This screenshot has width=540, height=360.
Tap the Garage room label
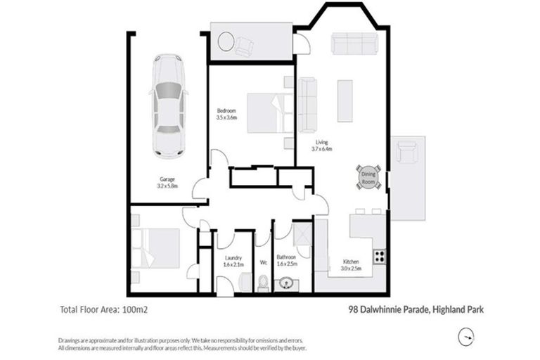coord(167,179)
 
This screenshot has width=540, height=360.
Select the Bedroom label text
coord(226,110)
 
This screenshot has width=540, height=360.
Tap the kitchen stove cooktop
coord(380,257)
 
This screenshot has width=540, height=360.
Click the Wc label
coord(263,262)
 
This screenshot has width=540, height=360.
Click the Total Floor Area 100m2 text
coord(103,308)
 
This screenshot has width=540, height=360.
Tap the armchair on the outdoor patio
coord(407,150)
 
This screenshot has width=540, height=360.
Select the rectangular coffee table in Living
coord(345,101)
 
